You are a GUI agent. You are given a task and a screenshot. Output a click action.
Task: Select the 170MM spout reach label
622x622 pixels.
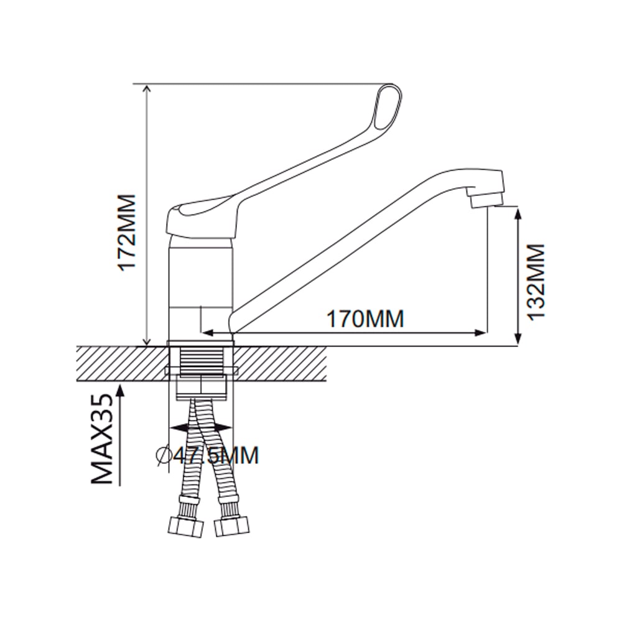(365, 318)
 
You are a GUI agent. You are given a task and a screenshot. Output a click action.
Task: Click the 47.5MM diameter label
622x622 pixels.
(216, 455)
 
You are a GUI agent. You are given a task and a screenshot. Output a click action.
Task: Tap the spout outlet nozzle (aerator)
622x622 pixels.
(486, 197)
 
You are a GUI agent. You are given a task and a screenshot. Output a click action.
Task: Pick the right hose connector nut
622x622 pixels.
(233, 527)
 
